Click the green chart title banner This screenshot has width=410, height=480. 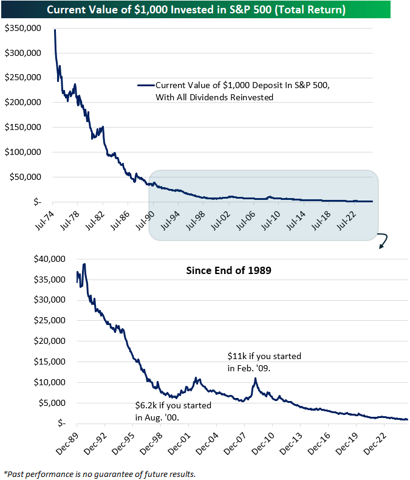point(205,9)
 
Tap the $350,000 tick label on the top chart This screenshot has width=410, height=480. point(23,28)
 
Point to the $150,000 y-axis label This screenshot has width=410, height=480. point(23,127)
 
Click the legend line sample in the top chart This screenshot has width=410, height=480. point(145,86)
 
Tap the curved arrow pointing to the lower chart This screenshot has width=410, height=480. point(382,241)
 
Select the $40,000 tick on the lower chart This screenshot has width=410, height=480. point(49,259)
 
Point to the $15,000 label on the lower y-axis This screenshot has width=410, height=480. point(49,362)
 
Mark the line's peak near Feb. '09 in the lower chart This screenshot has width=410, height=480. point(255,379)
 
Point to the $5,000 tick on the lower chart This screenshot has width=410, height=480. point(51,403)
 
